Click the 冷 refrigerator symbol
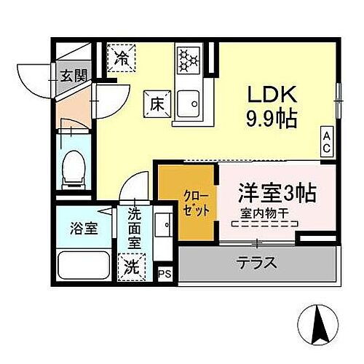tap(124, 58)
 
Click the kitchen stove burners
tap(188, 58)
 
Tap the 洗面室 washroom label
tap(135, 227)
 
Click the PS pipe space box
tap(165, 274)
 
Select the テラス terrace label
tap(256, 263)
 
